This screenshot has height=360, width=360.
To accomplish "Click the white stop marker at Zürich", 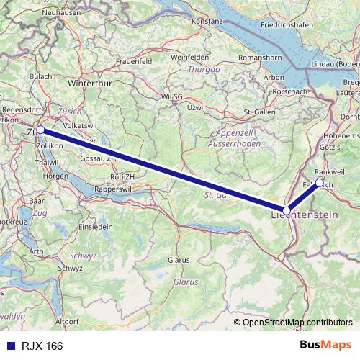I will point(40,130).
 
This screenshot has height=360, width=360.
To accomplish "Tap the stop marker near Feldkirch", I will point(320,183).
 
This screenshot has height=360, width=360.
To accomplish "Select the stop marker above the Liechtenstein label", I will point(287,211).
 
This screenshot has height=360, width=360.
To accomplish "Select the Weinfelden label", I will point(189,56).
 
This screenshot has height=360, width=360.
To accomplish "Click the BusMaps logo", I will point(325,345).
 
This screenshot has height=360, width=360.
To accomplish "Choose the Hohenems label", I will point(341,135).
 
